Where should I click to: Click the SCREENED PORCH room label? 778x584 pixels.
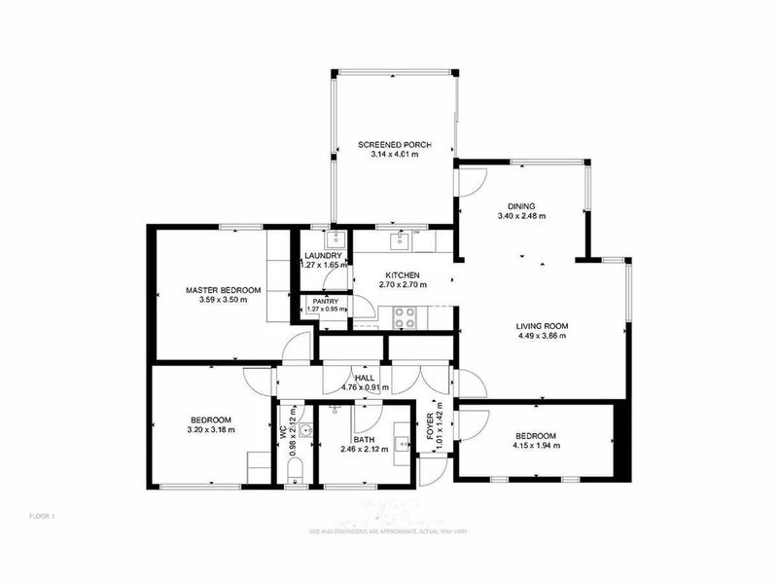pos(393,144)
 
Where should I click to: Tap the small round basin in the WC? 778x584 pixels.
pos(304,428)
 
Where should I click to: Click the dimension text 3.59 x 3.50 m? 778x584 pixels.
pos(224,301)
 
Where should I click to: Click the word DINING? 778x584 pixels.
pos(521,205)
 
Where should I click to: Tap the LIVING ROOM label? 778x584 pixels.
pos(542,326)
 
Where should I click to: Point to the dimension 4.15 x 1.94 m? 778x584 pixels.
pos(535,446)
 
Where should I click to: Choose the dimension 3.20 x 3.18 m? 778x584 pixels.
pos(210,428)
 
